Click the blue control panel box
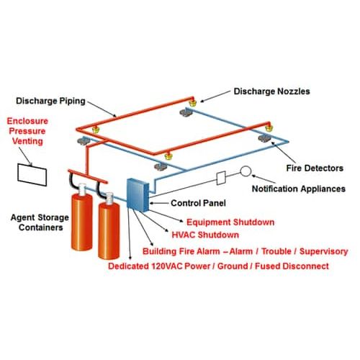tap(138, 195)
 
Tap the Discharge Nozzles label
tap(271, 91)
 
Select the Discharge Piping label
tap(50, 101)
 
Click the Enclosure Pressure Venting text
tap(27, 131)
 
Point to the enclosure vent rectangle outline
tap(18, 172)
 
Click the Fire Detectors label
tap(315, 168)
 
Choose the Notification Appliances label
tap(299, 189)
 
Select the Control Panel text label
tap(198, 203)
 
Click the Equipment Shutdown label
tap(230, 222)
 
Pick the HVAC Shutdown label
tap(205, 235)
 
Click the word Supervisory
tap(323, 251)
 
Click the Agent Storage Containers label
tap(40, 222)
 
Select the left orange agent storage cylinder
tap(82, 218)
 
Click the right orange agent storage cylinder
tap(109, 228)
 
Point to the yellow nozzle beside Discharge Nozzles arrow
tap(192, 103)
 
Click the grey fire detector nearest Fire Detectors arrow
tap(264, 138)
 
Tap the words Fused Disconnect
tap(292, 266)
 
